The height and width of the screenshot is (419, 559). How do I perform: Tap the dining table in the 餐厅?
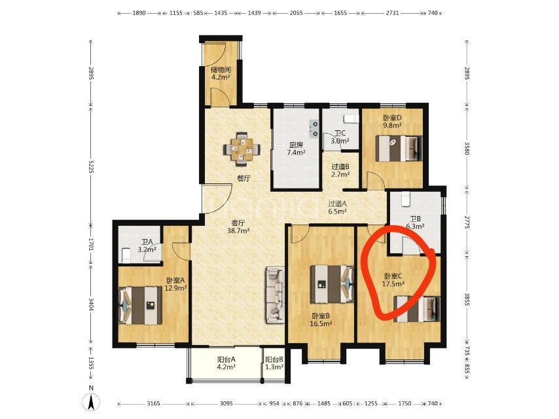(x=242, y=149)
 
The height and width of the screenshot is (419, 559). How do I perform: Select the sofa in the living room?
(x=274, y=295)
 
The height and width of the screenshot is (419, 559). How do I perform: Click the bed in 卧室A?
(x=140, y=305)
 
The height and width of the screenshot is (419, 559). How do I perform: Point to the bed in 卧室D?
(x=400, y=148)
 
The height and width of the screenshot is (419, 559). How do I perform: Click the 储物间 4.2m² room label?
(x=221, y=73)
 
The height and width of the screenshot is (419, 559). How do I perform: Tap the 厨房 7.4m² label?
(x=296, y=149)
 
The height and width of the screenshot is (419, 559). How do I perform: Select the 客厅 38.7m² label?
(x=238, y=227)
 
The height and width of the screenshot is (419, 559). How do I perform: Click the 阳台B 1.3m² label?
(x=274, y=363)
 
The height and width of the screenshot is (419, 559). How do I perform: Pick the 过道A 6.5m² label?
(x=337, y=207)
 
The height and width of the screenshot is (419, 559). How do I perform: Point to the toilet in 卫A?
(x=126, y=255)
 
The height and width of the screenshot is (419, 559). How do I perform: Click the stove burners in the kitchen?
(x=314, y=128)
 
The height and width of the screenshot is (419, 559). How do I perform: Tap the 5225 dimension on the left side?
(x=91, y=166)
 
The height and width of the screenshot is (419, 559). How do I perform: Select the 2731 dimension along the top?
(x=392, y=13)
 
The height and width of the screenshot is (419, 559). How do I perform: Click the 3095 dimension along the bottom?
(x=226, y=403)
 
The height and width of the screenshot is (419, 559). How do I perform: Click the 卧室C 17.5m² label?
(x=393, y=280)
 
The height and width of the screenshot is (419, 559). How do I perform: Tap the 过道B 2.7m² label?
(x=340, y=170)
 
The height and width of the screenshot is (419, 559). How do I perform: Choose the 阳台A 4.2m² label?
(x=226, y=363)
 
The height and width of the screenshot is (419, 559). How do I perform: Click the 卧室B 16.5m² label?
(x=321, y=320)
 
